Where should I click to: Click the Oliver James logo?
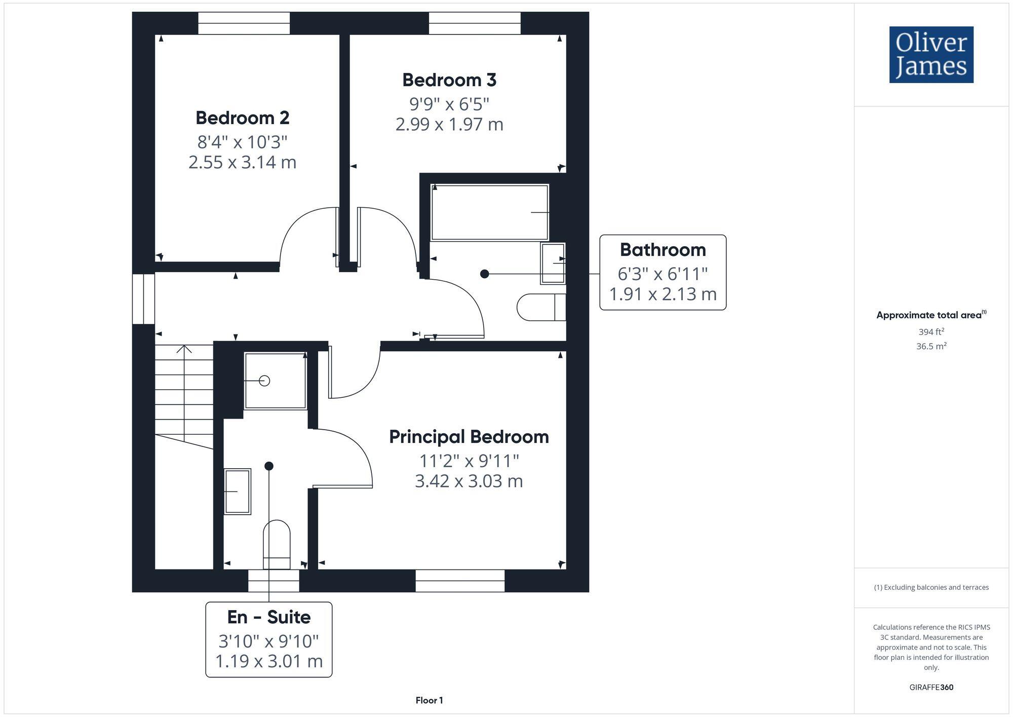pyautogui.click(x=931, y=55)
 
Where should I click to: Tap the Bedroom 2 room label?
pyautogui.click(x=242, y=118)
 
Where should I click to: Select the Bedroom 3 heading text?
pyautogui.click(x=449, y=80)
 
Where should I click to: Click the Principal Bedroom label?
pyautogui.click(x=469, y=437)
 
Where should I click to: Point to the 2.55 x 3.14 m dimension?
pyautogui.click(x=242, y=162)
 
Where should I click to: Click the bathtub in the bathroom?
pyautogui.click(x=489, y=212)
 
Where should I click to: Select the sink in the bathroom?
pyautogui.click(x=553, y=263)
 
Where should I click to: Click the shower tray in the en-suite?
pyautogui.click(x=275, y=381)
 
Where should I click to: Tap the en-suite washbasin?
pyautogui.click(x=238, y=491)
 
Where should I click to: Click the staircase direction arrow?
pyautogui.click(x=184, y=350)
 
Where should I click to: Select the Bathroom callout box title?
pyautogui.click(x=663, y=250)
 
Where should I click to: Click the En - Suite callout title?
pyautogui.click(x=268, y=617)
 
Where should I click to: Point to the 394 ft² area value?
pyautogui.click(x=931, y=332)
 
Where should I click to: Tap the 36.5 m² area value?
pyautogui.click(x=931, y=347)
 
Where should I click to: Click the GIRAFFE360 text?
pyautogui.click(x=931, y=687)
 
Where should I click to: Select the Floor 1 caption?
pyautogui.click(x=429, y=700)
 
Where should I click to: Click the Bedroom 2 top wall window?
pyautogui.click(x=244, y=23)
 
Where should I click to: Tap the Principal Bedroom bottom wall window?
pyautogui.click(x=460, y=581)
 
